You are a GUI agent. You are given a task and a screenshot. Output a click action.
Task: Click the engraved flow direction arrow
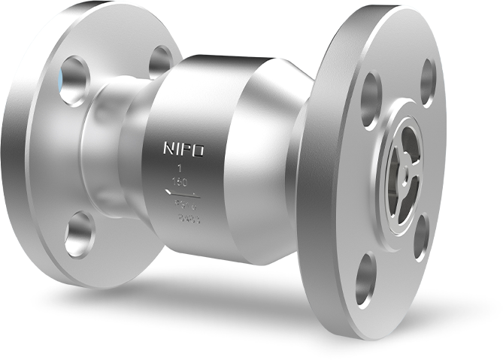183,195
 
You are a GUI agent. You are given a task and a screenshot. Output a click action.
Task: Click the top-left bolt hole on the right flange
371,95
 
